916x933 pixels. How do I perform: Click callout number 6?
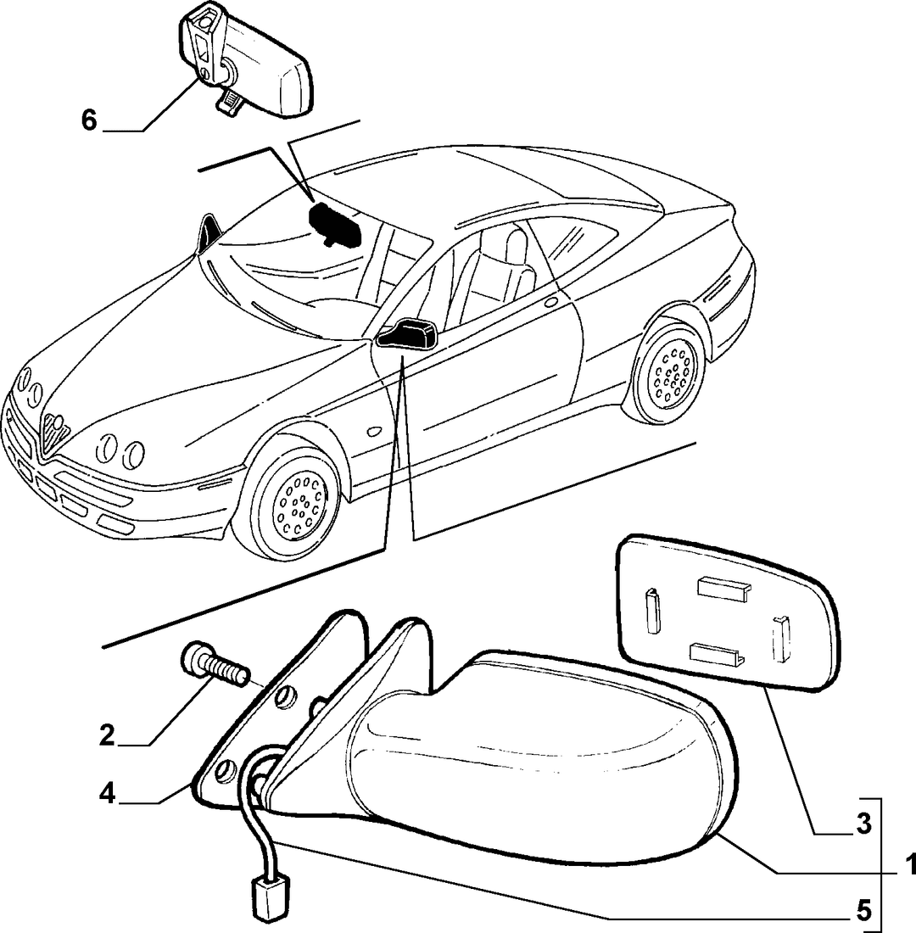(x=89, y=120)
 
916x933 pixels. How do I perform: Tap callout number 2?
(x=107, y=736)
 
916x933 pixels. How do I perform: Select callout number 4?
(x=107, y=794)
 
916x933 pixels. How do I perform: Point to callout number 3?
(x=863, y=824)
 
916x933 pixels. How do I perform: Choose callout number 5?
(x=863, y=910)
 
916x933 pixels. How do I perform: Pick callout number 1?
(x=909, y=863)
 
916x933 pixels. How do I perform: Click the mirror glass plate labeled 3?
(x=729, y=612)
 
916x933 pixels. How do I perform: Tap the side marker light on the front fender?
(x=376, y=430)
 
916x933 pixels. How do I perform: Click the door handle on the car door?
(x=551, y=302)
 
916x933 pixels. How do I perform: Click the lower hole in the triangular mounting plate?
(x=224, y=769)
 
